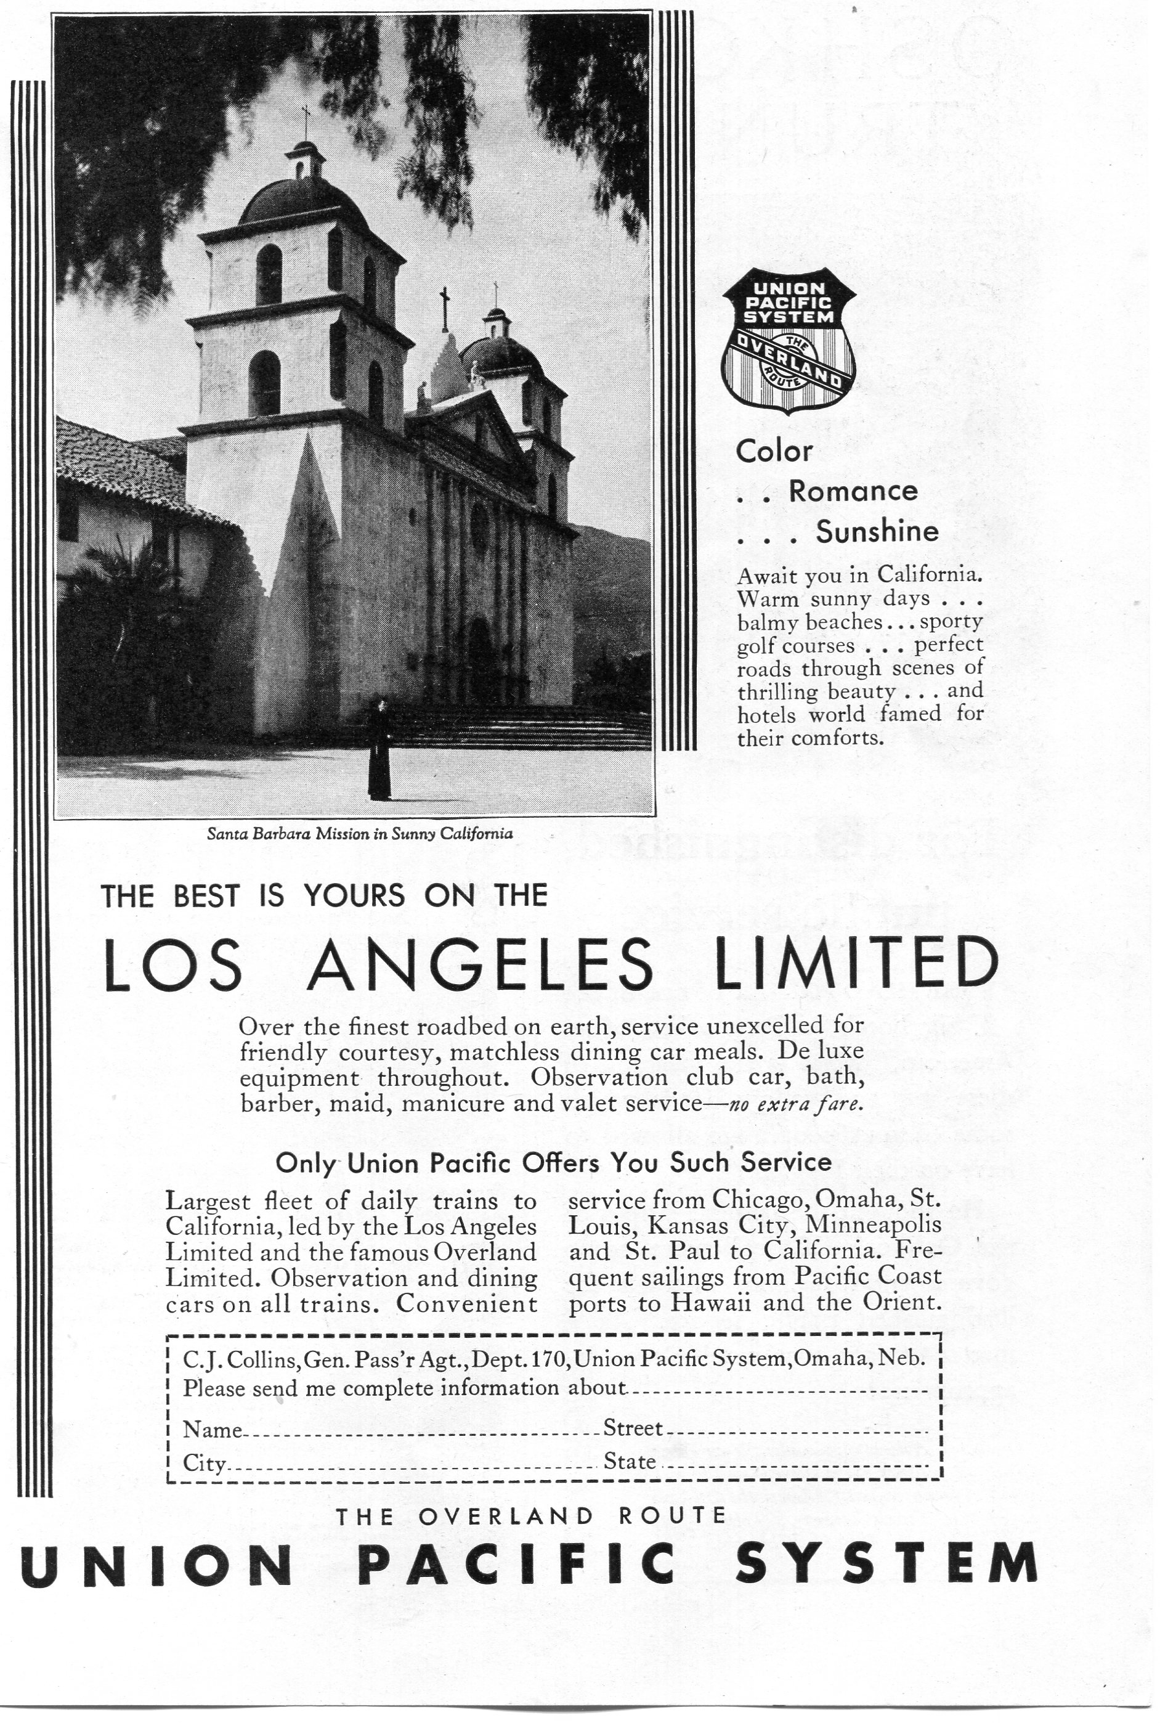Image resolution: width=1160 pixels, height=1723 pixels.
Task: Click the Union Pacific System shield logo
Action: (x=788, y=340)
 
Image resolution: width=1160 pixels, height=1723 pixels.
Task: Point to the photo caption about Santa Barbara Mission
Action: (x=360, y=834)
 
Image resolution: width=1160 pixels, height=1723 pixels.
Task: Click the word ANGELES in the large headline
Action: (x=479, y=967)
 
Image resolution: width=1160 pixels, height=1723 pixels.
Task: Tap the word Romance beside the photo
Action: (x=853, y=491)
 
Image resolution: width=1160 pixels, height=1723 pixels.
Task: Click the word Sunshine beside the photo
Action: (x=877, y=532)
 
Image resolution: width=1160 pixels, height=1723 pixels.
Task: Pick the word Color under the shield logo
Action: (x=774, y=450)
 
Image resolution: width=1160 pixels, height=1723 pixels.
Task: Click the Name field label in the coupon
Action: (x=211, y=1430)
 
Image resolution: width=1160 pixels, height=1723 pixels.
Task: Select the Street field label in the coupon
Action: (x=633, y=1428)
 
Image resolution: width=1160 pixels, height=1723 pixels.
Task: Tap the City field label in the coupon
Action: (x=204, y=1464)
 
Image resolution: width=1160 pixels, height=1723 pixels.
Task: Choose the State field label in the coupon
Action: (x=630, y=1462)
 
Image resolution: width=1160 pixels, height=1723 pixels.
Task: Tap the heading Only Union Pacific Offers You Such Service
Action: (x=553, y=1162)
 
